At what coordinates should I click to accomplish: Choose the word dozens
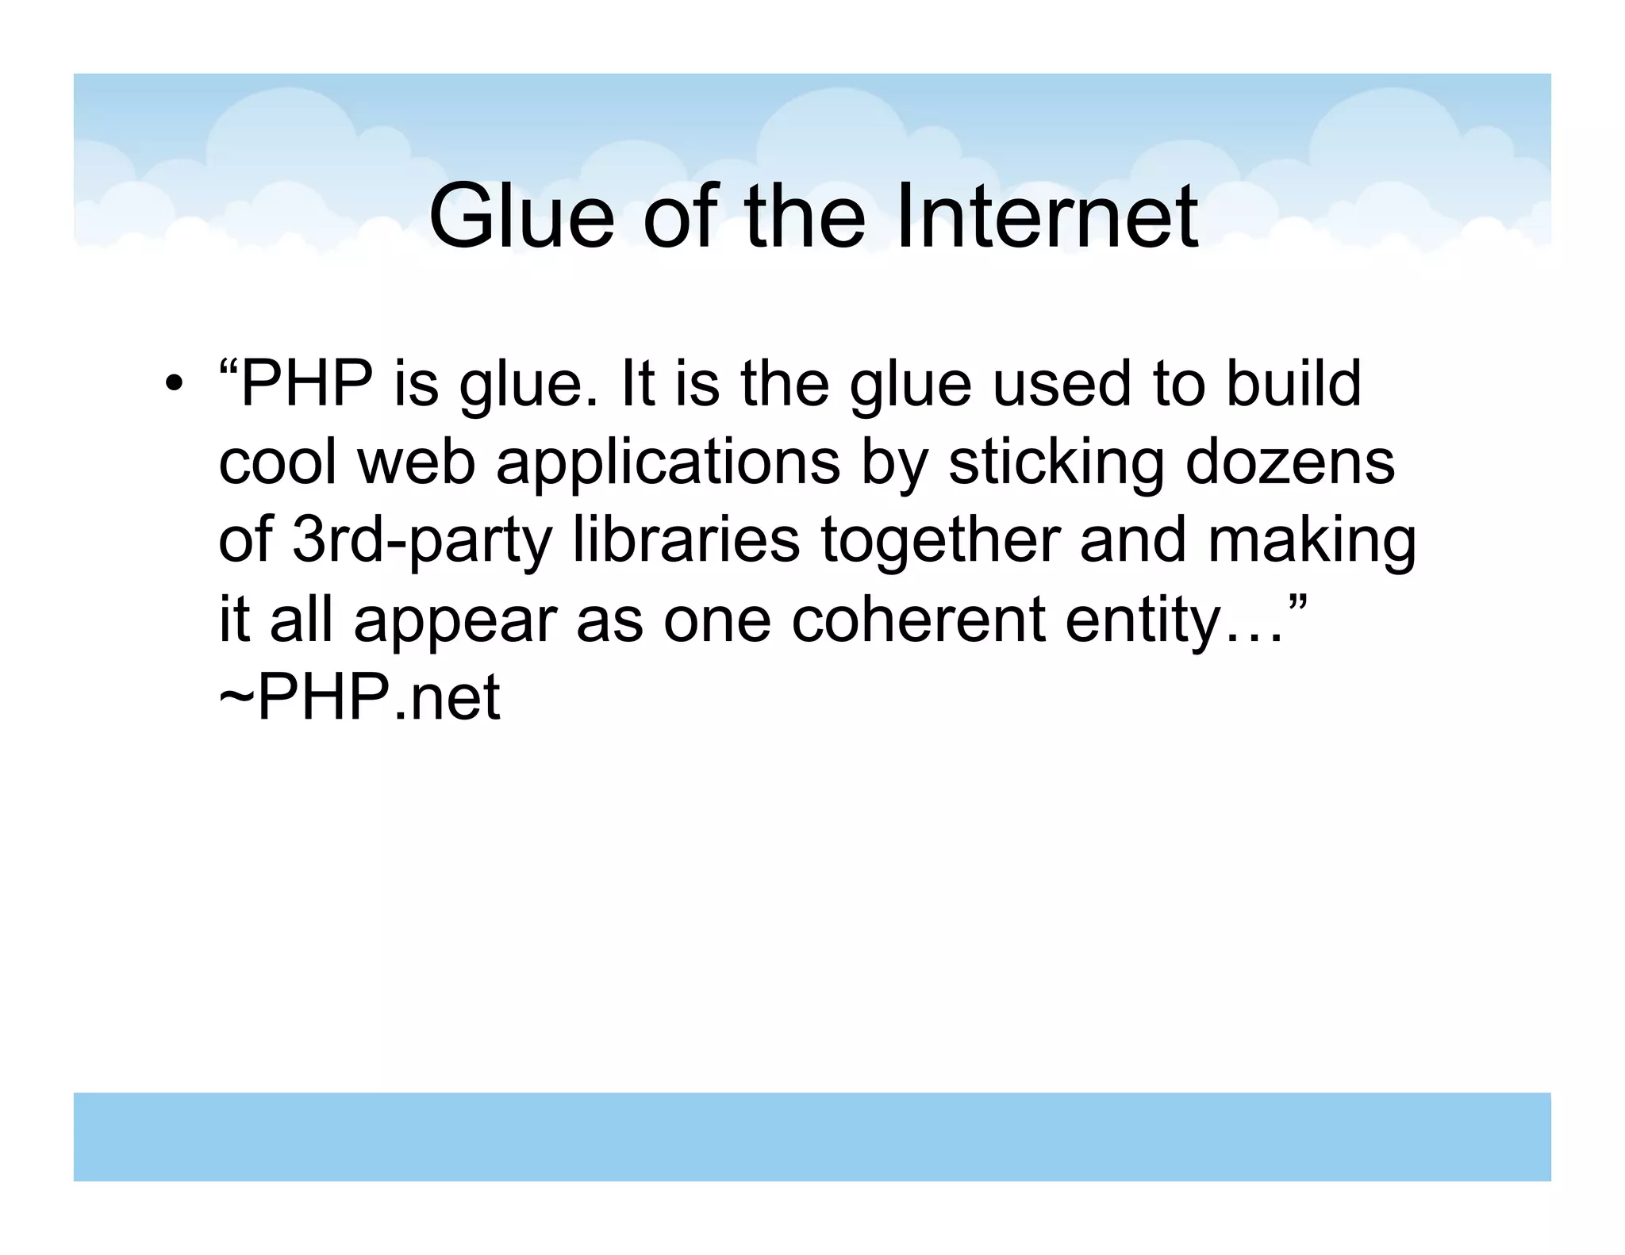click(x=1289, y=462)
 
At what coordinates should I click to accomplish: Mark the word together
click(x=939, y=542)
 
